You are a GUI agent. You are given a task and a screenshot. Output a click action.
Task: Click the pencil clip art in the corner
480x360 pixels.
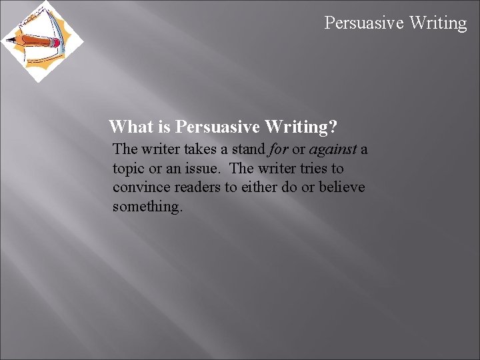point(41,41)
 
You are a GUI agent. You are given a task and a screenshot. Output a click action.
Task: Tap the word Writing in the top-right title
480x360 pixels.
point(438,23)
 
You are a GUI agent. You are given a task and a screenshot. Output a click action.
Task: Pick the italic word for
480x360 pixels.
point(278,149)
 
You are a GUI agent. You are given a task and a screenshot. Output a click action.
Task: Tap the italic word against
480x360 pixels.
point(333,149)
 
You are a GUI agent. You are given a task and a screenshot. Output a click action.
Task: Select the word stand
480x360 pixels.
point(247,149)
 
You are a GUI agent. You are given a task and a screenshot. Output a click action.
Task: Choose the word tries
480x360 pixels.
point(306,169)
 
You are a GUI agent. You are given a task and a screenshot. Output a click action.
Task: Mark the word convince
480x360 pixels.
point(139,187)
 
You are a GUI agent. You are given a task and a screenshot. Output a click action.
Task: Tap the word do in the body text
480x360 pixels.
point(289,187)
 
